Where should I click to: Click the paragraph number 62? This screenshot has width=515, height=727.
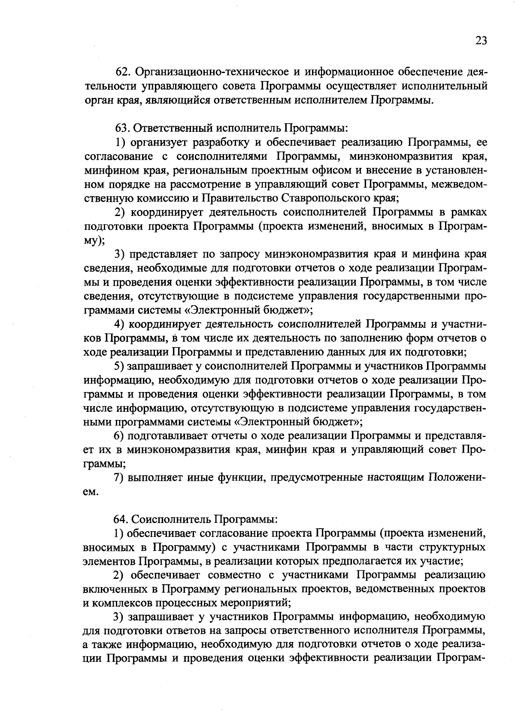pos(124,72)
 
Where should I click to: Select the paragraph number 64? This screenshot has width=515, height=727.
pos(121,519)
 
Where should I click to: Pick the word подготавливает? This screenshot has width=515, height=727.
pos(168,435)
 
